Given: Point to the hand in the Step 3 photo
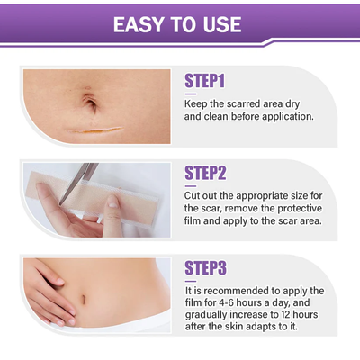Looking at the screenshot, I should [45, 288].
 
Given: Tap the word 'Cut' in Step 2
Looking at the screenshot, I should [194, 195].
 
